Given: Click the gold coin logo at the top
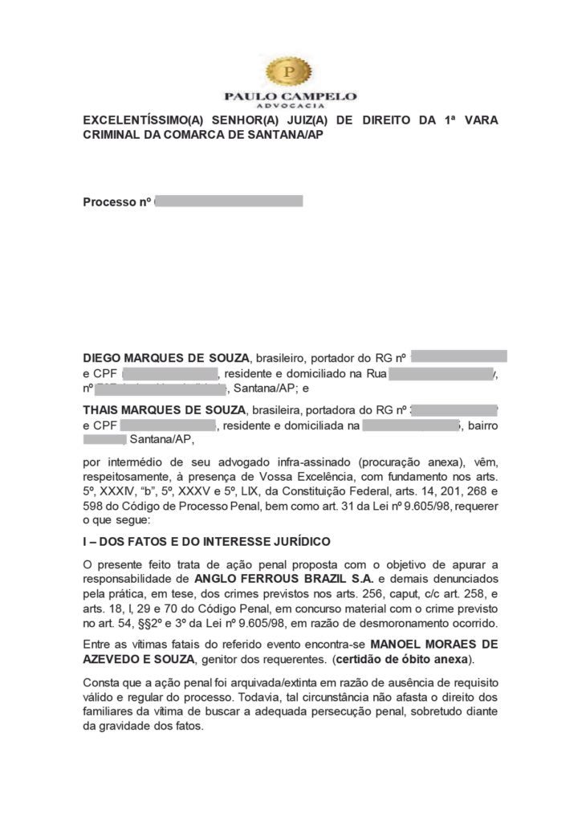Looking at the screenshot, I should click(289, 73).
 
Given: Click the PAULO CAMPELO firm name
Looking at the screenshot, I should click(290, 96).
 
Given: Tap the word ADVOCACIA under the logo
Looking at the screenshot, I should click(290, 106).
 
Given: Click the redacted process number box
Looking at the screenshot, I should click(229, 201).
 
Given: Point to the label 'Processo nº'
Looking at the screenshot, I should click(117, 201).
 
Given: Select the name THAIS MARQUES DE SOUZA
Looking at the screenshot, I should click(166, 409).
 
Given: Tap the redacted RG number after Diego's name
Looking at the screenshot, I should click(461, 355).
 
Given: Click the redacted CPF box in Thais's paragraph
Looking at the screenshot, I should click(170, 425).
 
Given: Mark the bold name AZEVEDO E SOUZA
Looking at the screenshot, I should click(139, 659).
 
